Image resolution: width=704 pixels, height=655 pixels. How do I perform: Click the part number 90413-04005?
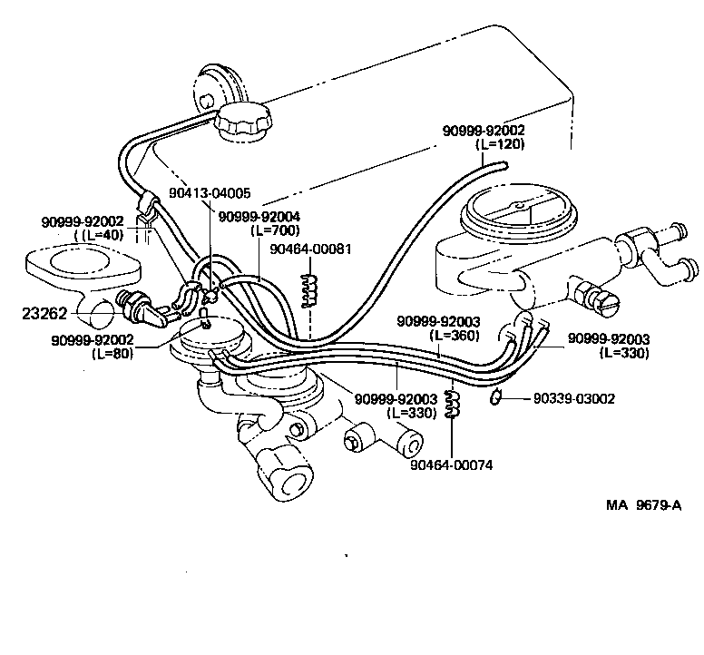(210, 193)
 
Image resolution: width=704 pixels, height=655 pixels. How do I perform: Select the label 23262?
(43, 314)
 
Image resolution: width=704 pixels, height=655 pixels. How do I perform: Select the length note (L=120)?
(498, 143)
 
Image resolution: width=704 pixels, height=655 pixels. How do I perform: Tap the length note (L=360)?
(455, 334)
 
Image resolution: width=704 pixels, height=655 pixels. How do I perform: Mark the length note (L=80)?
(112, 353)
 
